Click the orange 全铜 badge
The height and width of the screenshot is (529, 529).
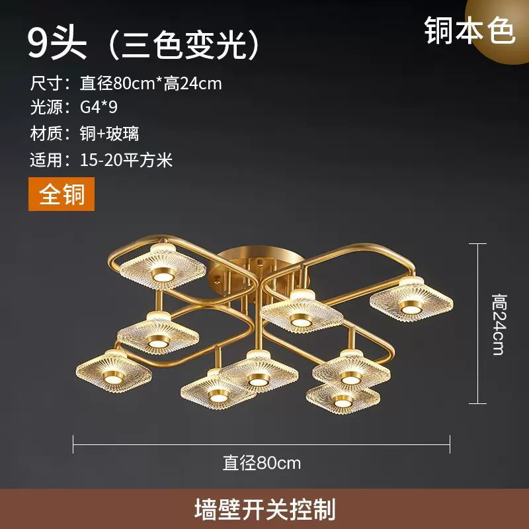coord(61,195)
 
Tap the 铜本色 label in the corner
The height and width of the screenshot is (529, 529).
coord(469,30)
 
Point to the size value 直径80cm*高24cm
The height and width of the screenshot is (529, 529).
coord(151,83)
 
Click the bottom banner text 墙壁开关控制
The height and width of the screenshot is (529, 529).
coord(264,509)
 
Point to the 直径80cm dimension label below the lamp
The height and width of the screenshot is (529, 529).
coord(262,462)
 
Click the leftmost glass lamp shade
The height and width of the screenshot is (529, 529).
coord(114,371)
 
